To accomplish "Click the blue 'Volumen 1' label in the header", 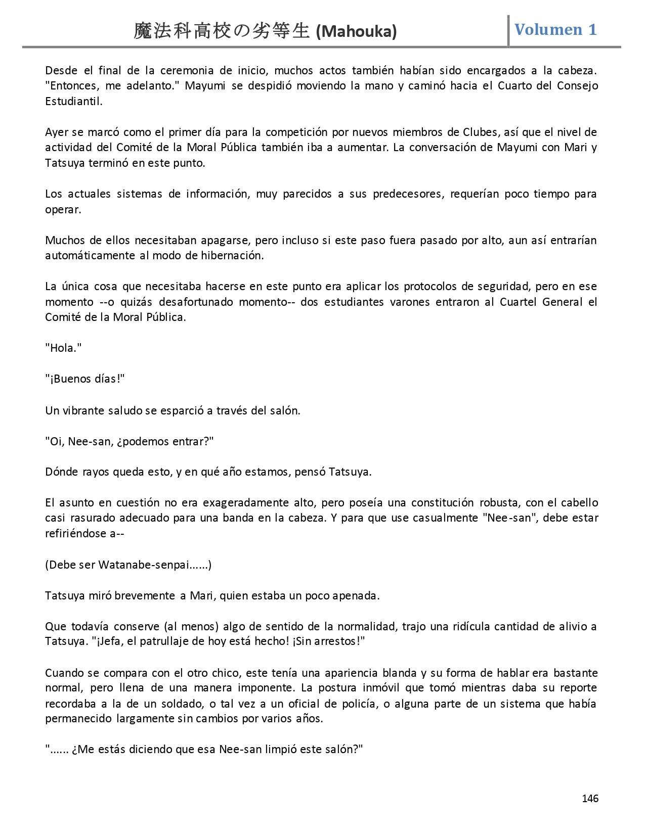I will coord(555,29).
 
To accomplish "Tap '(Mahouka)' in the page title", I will coord(356,32).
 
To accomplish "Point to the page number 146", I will coord(590,798).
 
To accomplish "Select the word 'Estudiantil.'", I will coord(73,101).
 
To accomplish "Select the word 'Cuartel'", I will coord(518,302).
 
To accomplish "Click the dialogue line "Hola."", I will coord(63,348).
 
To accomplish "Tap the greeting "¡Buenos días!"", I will coord(85,379).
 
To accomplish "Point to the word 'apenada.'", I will coord(356,595).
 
